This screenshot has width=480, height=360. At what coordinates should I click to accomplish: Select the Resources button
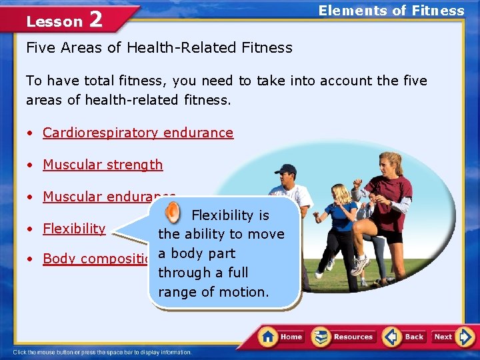tap(343, 337)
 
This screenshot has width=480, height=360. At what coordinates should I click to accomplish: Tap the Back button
tap(405, 337)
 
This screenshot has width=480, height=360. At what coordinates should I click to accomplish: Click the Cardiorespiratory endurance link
tap(138, 133)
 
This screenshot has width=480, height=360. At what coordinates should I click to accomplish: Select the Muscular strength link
tap(103, 165)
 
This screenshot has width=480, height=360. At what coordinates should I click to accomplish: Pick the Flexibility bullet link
tap(74, 229)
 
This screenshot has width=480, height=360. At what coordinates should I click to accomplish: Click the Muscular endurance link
tap(107, 196)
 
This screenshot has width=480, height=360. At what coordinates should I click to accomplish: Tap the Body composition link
tap(97, 259)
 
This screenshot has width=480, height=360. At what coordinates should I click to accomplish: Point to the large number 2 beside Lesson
tap(95, 19)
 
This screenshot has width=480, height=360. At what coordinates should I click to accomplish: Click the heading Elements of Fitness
tap(391, 11)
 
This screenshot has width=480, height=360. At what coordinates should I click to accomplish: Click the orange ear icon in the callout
tap(172, 213)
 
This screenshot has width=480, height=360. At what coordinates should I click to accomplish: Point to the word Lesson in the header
tap(54, 21)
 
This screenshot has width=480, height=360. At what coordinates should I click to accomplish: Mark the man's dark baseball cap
tap(286, 169)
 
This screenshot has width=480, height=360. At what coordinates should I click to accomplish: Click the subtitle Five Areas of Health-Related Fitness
tap(159, 48)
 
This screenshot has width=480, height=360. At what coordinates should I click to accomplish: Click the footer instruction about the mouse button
tap(102, 352)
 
